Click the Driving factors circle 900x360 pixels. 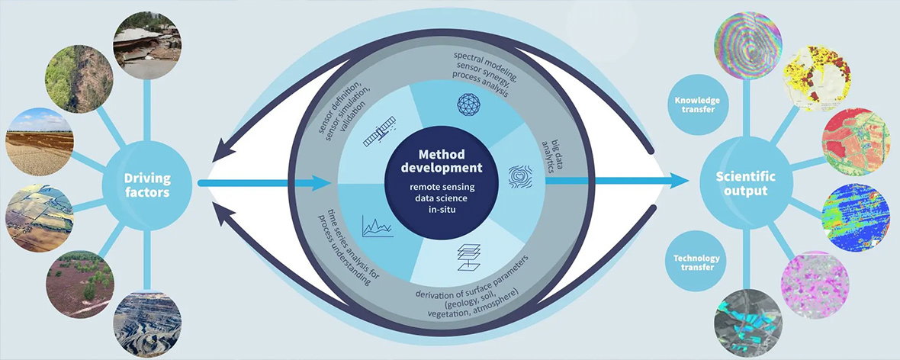pyautogui.click(x=146, y=185)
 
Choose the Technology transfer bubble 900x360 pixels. pyautogui.click(x=696, y=262)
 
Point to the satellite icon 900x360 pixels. pyautogui.click(x=379, y=131)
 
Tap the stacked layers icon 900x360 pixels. pyautogui.click(x=468, y=256)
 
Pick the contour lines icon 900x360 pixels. pyautogui.click(x=520, y=176)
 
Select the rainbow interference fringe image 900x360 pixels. pyautogui.click(x=748, y=45)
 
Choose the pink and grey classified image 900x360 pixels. pyautogui.click(x=815, y=284)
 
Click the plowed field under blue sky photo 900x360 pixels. pyautogui.click(x=39, y=141)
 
